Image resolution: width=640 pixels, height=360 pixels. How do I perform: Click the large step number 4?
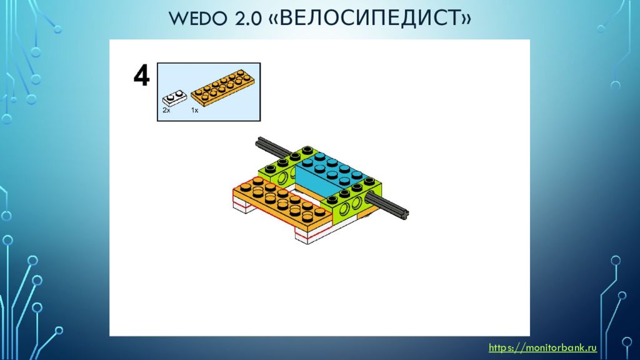click(142, 76)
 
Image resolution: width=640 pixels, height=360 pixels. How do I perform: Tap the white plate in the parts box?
click(174, 97)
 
